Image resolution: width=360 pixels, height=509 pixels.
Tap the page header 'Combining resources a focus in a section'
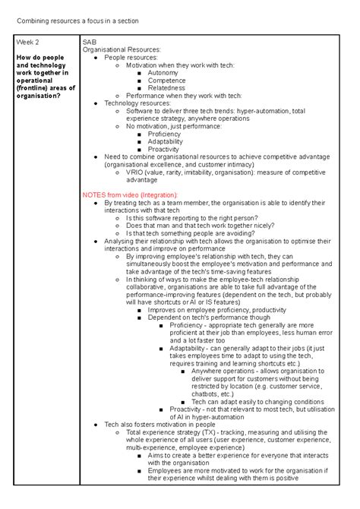[73, 21]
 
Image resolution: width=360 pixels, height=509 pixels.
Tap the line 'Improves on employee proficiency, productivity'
[216, 310]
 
